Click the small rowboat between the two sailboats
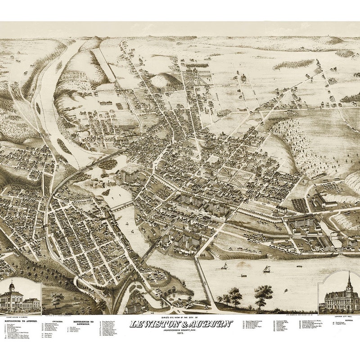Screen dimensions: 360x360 pos(243,275)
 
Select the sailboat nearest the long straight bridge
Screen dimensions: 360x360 pos(224,266)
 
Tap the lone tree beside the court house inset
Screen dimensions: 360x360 pos(57,298)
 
